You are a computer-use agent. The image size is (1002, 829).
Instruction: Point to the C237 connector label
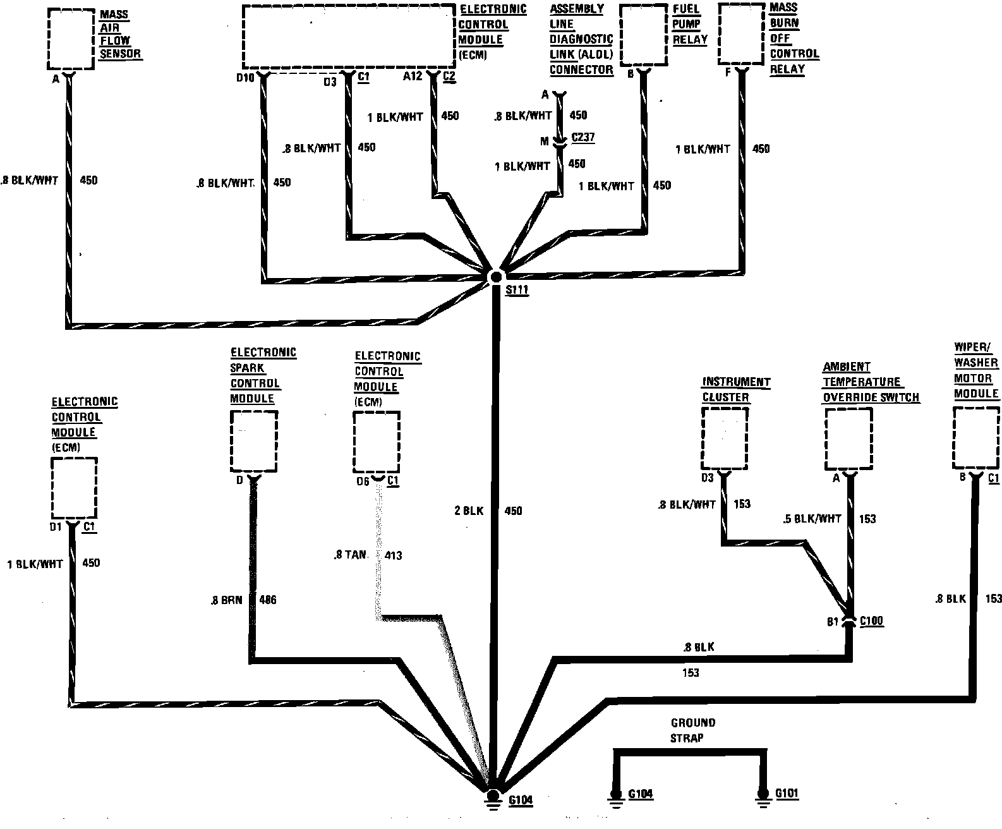[582, 138]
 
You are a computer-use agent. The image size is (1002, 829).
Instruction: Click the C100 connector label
[871, 621]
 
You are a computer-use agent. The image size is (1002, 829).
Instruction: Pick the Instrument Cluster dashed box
[725, 439]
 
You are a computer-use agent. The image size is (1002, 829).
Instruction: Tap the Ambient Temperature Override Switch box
[848, 439]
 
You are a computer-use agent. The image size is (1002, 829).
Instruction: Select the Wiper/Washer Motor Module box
[976, 437]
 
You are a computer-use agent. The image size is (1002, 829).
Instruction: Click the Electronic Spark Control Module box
[253, 440]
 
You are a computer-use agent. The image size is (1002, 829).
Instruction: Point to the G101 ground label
[787, 794]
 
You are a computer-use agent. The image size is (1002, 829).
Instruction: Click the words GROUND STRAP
[693, 730]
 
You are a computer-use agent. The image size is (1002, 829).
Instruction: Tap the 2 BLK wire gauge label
[468, 511]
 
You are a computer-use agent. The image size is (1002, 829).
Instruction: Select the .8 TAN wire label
[350, 555]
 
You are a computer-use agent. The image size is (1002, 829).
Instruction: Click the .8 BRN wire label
[226, 600]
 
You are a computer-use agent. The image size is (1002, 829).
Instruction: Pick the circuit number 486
[268, 600]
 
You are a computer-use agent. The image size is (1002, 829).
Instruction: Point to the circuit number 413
[392, 555]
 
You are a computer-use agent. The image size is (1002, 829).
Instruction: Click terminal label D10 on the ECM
[245, 78]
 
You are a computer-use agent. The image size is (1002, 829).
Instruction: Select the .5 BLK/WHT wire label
[812, 519]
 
